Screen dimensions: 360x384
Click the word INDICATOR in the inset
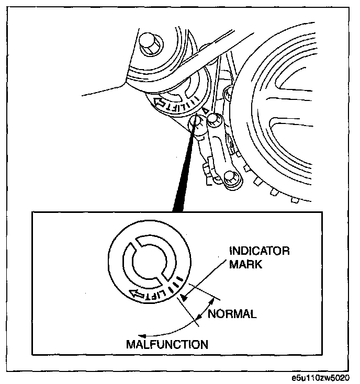tap(260, 251)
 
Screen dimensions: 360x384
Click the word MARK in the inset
tap(245, 264)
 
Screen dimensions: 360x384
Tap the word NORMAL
tap(232, 314)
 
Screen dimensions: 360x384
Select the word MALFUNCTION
tap(167, 344)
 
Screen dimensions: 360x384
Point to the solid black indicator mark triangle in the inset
tap(184, 298)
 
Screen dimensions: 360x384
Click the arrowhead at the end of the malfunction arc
tap(142, 336)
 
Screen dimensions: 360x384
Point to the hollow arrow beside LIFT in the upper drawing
tap(159, 101)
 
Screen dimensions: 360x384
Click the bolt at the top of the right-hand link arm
tap(214, 119)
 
